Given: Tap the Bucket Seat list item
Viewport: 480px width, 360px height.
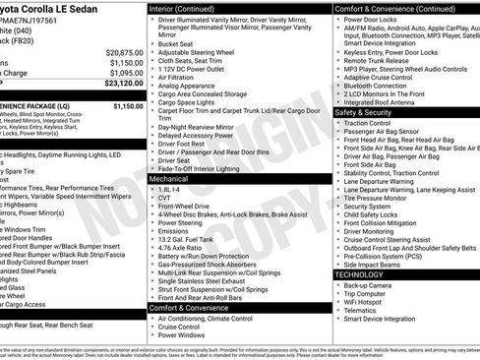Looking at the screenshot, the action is coord(176,43).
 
